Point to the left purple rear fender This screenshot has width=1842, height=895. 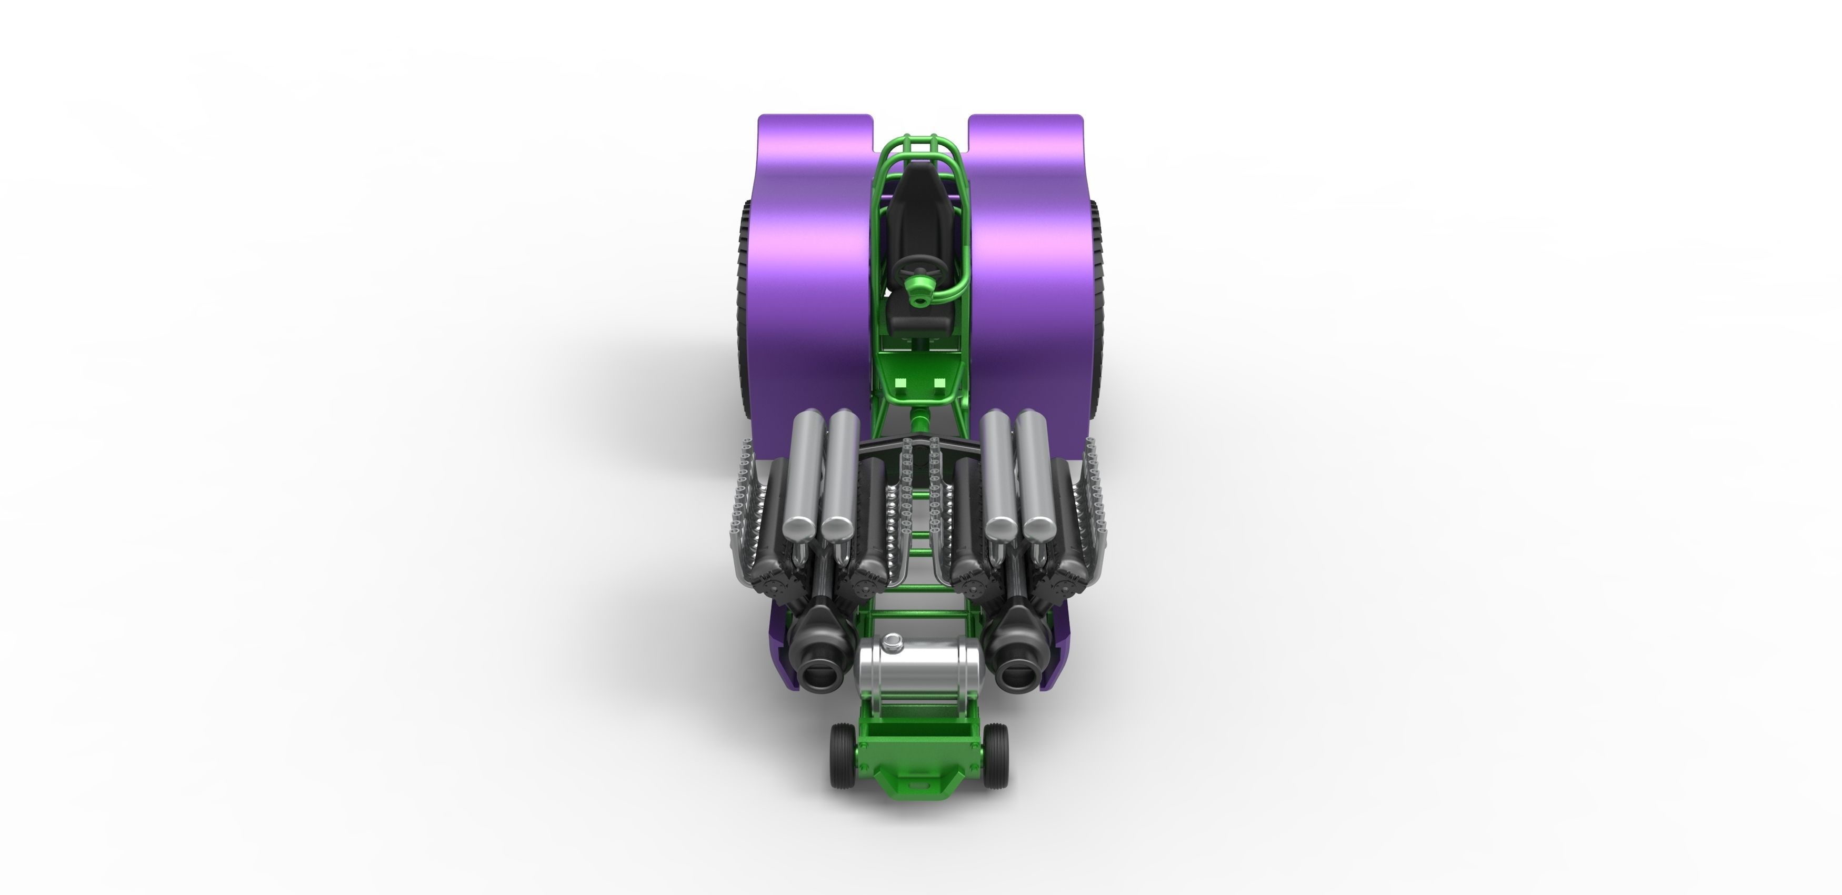815,271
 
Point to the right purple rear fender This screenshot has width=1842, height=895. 1030,271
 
